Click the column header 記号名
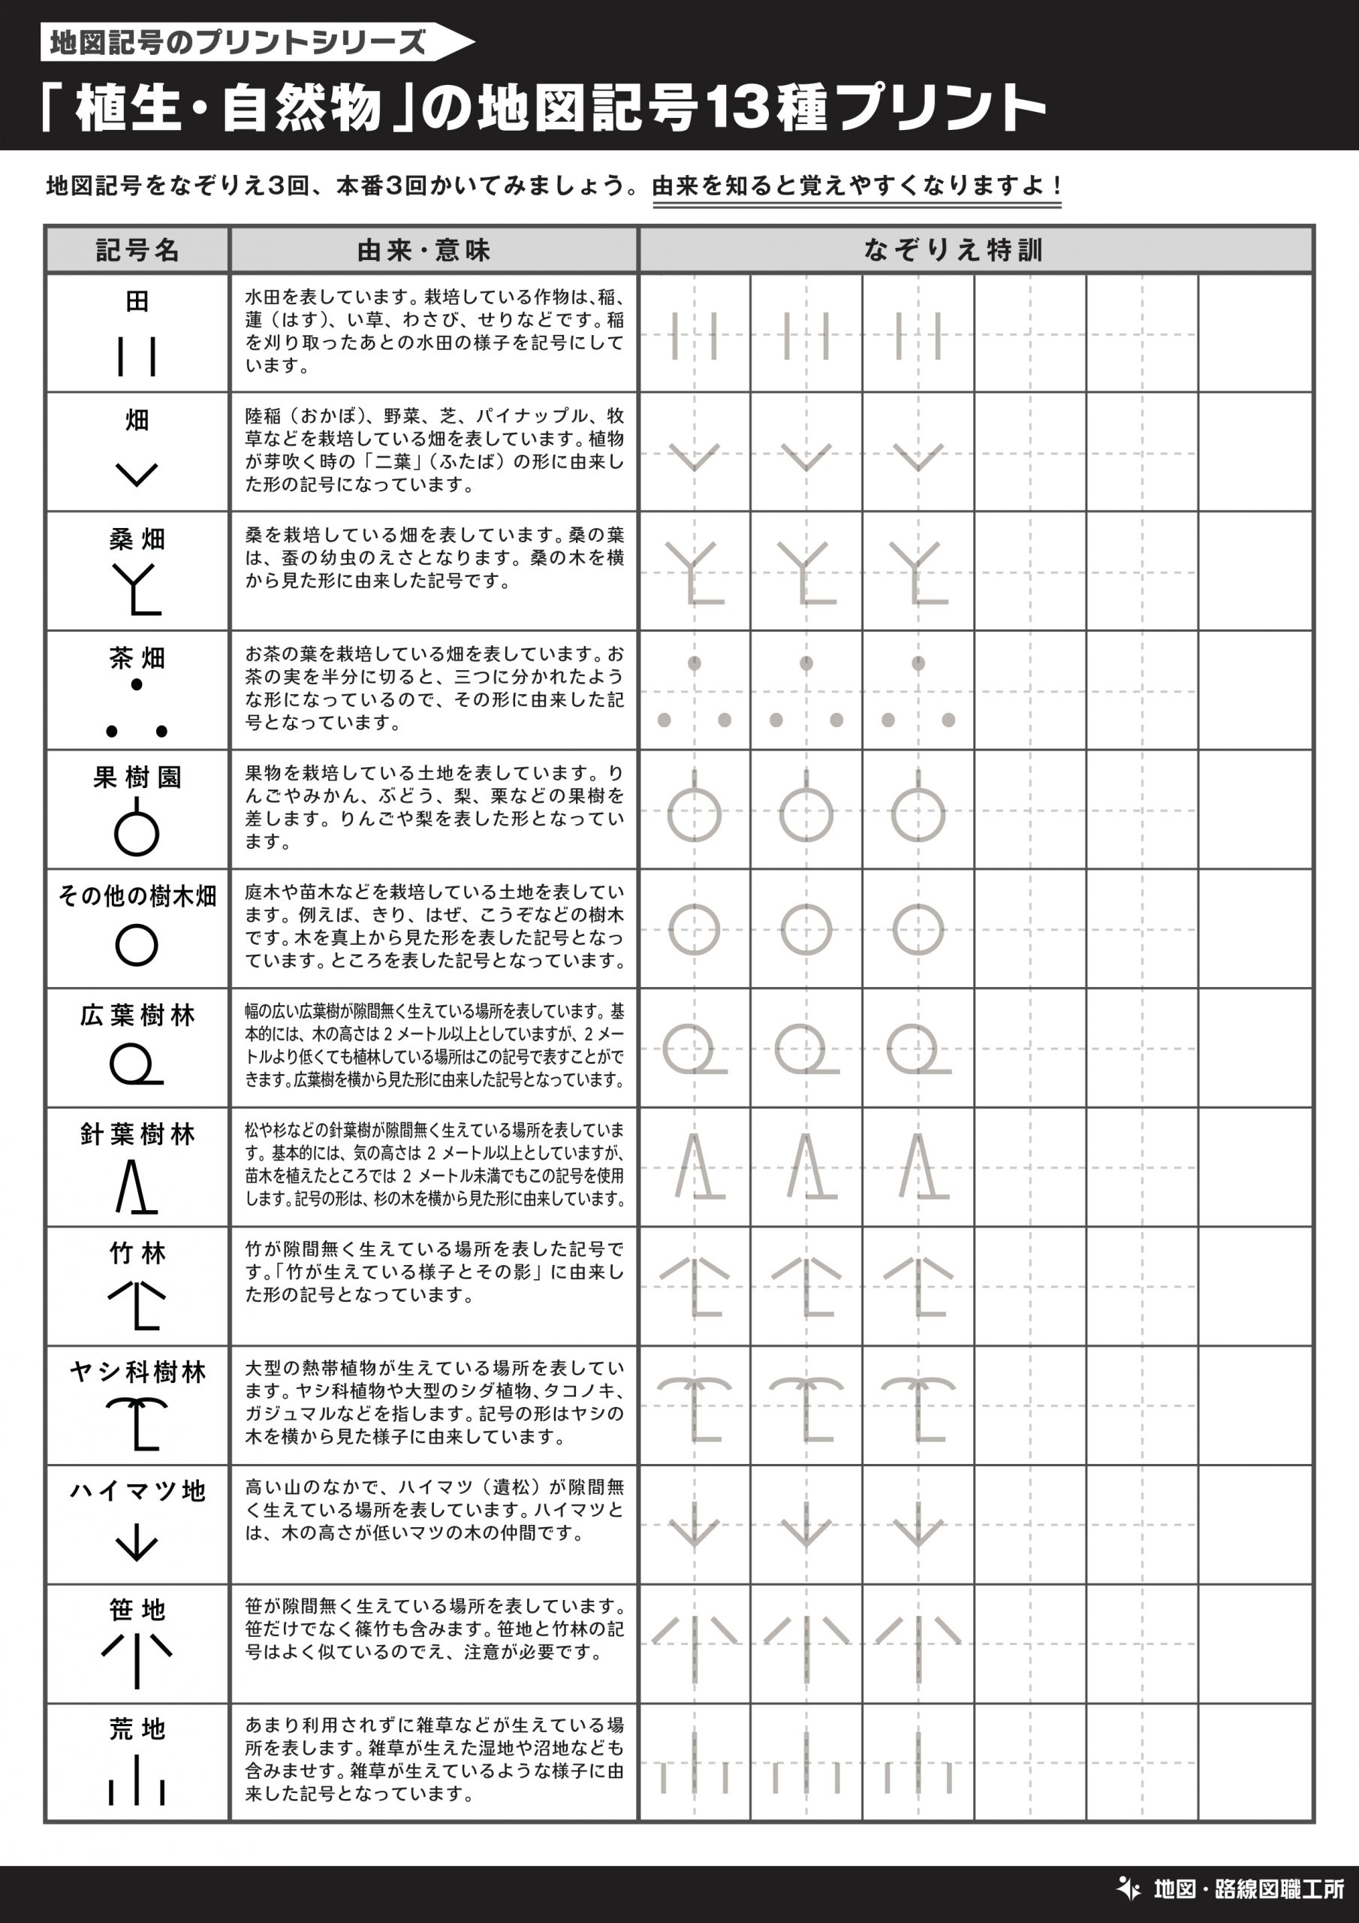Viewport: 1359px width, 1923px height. point(137,249)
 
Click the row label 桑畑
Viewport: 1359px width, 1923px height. point(137,539)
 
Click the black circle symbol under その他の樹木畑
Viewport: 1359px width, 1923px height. point(137,946)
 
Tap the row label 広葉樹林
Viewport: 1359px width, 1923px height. point(137,1015)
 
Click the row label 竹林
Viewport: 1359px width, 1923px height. point(137,1253)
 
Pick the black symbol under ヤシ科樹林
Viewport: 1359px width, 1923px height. point(137,1423)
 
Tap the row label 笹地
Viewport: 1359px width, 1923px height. point(137,1610)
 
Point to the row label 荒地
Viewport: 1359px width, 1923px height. point(137,1728)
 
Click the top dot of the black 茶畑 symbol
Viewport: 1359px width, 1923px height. point(137,685)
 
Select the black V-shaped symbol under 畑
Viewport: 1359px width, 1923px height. point(137,474)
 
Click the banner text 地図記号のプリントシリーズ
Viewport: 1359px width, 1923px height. point(237,42)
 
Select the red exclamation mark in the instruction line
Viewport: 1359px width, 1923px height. point(1059,185)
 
